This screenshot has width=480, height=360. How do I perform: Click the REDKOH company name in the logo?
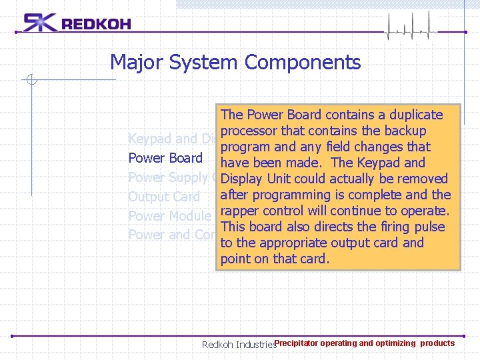(x=96, y=25)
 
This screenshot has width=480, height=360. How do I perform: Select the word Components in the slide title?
(x=303, y=63)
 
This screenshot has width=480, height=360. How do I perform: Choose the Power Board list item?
(x=165, y=158)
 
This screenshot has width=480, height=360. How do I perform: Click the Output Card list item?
(x=164, y=197)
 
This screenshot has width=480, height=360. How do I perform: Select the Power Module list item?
(x=169, y=216)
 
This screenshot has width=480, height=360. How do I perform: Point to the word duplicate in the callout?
(x=415, y=115)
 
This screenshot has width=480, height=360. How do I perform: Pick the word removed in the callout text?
(x=421, y=179)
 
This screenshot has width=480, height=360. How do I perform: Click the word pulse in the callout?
(x=429, y=227)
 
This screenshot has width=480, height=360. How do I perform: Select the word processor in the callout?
(x=249, y=131)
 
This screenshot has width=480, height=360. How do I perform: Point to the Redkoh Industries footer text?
(x=238, y=345)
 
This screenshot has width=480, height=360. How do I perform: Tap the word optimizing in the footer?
(x=395, y=343)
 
